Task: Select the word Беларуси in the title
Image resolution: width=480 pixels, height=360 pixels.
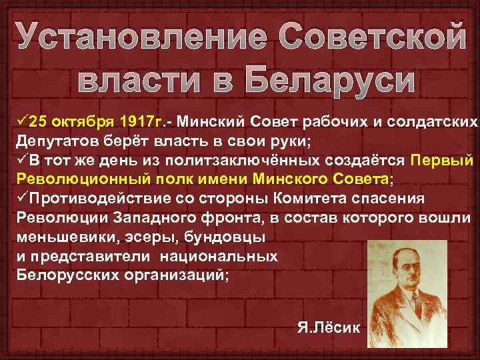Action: coord(329,81)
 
